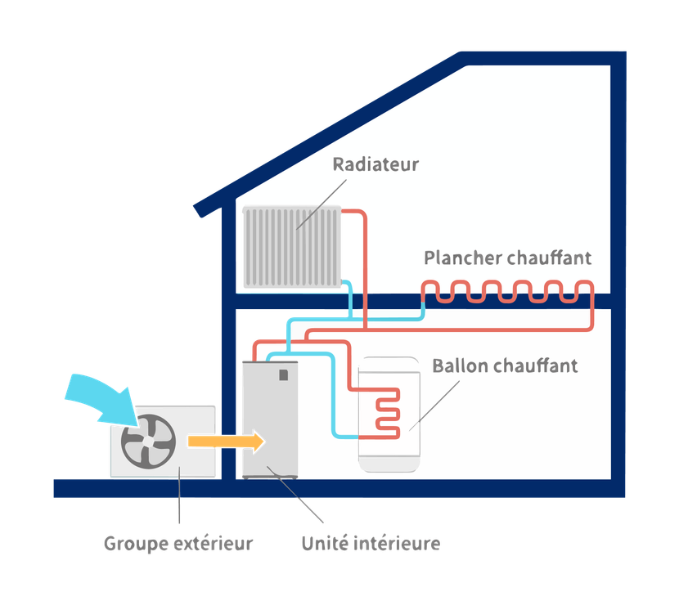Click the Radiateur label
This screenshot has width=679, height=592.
[375, 164]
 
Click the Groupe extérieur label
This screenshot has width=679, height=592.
[178, 543]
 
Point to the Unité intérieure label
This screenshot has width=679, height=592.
[371, 543]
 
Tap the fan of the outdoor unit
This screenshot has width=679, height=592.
[148, 442]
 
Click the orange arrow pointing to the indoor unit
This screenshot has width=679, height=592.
[225, 442]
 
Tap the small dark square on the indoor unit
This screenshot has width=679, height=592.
[283, 374]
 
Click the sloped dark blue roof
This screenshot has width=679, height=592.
[327, 131]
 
